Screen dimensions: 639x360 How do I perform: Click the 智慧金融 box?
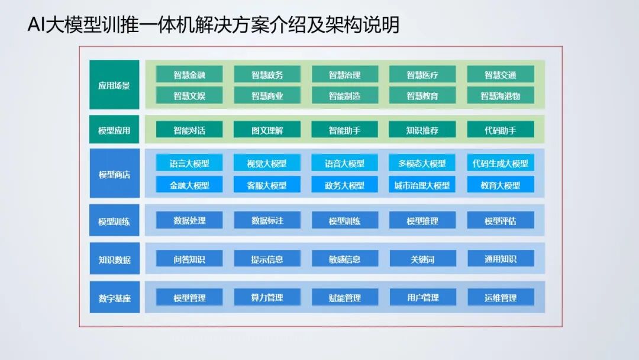pyautogui.click(x=189, y=75)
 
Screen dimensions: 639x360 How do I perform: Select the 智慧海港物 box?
pyautogui.click(x=501, y=95)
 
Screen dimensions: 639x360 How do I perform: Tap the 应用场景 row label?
pyautogui.click(x=114, y=85)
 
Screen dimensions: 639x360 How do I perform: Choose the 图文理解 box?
pyautogui.click(x=267, y=130)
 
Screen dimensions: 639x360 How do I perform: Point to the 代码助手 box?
pyautogui.click(x=501, y=130)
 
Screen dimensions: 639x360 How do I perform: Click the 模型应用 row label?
pyautogui.click(x=114, y=130)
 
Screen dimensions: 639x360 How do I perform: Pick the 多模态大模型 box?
pyautogui.click(x=422, y=163)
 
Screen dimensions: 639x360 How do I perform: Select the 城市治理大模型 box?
pyautogui.click(x=422, y=185)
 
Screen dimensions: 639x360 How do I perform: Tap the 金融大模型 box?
pyautogui.click(x=189, y=185)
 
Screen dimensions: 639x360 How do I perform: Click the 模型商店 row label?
pyautogui.click(x=114, y=174)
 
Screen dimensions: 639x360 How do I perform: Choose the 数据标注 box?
pyautogui.click(x=267, y=220)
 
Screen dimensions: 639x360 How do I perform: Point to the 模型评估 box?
pyautogui.click(x=501, y=220)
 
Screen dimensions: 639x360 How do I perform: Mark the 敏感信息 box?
pyautogui.click(x=345, y=259)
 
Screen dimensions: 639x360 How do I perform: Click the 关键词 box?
pyautogui.click(x=422, y=259)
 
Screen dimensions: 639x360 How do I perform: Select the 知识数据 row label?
pyautogui.click(x=114, y=259)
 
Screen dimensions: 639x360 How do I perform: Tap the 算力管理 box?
pyautogui.click(x=267, y=297)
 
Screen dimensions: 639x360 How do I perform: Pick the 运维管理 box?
pyautogui.click(x=501, y=297)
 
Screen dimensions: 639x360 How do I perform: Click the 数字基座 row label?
pyautogui.click(x=114, y=297)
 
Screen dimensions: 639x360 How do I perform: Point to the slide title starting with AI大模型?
pyautogui.click(x=214, y=25)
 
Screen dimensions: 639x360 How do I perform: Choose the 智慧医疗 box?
pyautogui.click(x=422, y=75)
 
